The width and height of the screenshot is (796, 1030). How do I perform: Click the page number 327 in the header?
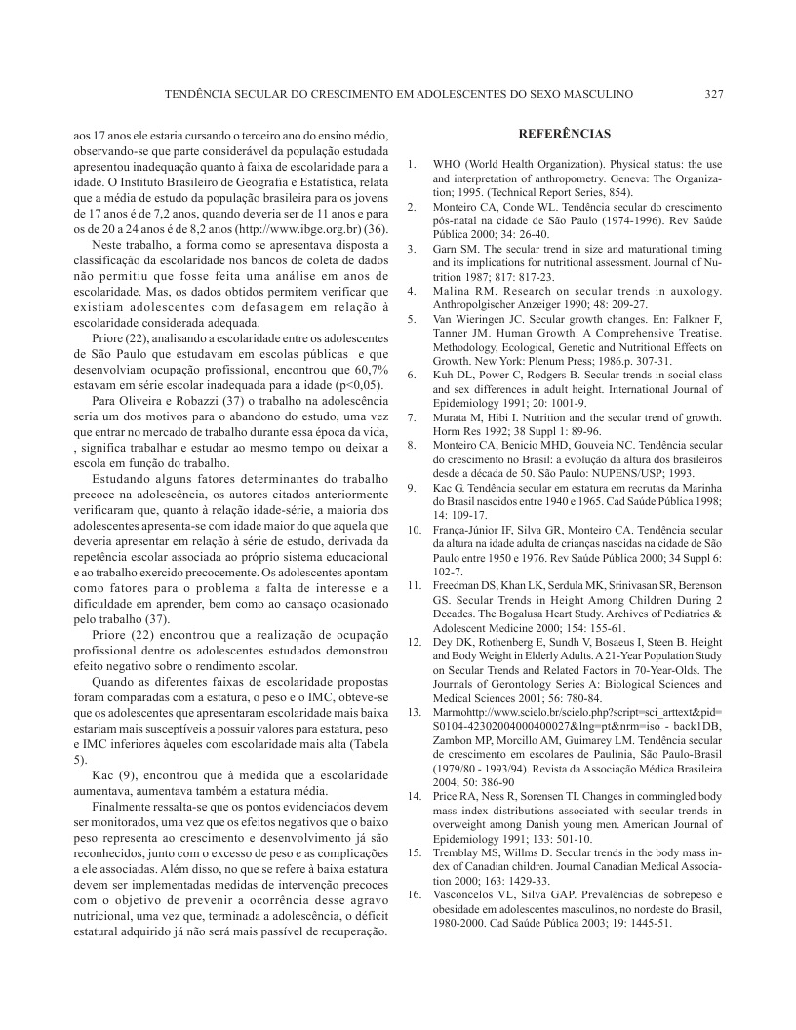(713, 94)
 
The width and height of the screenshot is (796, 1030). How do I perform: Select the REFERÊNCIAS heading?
(565, 134)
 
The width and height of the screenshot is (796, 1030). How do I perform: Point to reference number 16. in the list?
(414, 893)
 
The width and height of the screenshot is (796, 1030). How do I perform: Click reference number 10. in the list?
(414, 529)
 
